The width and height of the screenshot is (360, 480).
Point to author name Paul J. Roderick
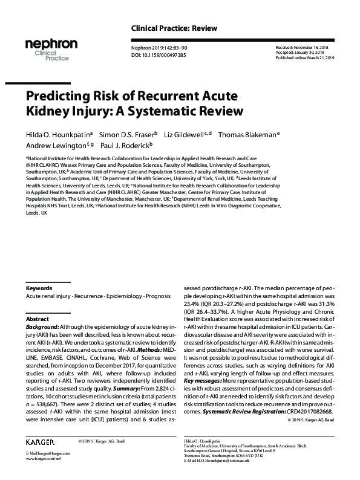(x=125, y=146)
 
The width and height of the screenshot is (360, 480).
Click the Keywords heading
(x=39, y=288)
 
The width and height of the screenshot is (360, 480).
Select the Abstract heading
(x=36, y=319)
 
